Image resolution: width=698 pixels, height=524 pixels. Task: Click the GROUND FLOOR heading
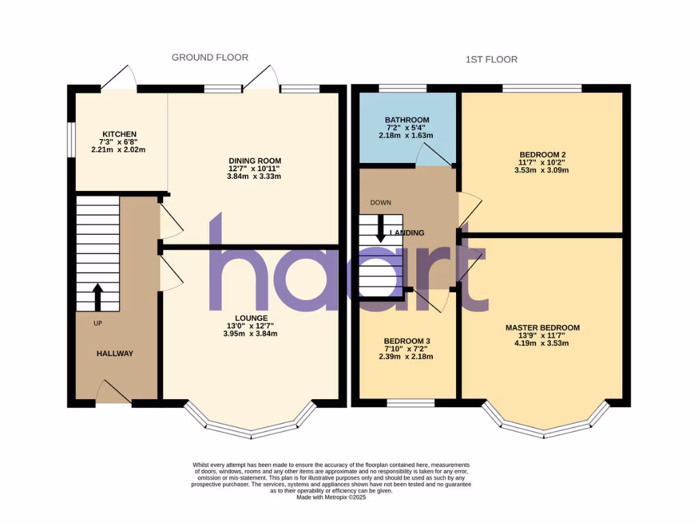point(210,58)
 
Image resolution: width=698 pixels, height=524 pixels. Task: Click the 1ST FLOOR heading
point(491,59)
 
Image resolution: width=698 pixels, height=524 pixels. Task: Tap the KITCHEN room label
point(120,134)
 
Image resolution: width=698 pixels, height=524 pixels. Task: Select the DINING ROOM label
point(255,160)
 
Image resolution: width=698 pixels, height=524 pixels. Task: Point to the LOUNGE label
point(252,318)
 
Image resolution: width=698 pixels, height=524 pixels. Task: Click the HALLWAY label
point(115,353)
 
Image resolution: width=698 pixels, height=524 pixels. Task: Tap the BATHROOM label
point(406,120)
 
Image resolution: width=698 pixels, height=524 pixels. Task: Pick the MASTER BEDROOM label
point(543,327)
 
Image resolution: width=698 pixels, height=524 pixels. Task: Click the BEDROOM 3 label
point(407,340)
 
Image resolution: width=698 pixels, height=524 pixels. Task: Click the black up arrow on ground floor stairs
point(97,297)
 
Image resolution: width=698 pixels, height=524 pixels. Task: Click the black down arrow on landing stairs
point(380,229)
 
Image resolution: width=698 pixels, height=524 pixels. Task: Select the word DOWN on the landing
point(381,203)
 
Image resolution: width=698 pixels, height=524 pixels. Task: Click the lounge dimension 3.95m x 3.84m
point(252,334)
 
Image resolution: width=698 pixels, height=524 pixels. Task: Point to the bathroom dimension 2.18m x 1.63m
point(406,136)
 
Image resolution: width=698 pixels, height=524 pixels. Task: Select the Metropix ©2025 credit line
point(331,497)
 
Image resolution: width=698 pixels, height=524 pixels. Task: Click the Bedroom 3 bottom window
point(407,403)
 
